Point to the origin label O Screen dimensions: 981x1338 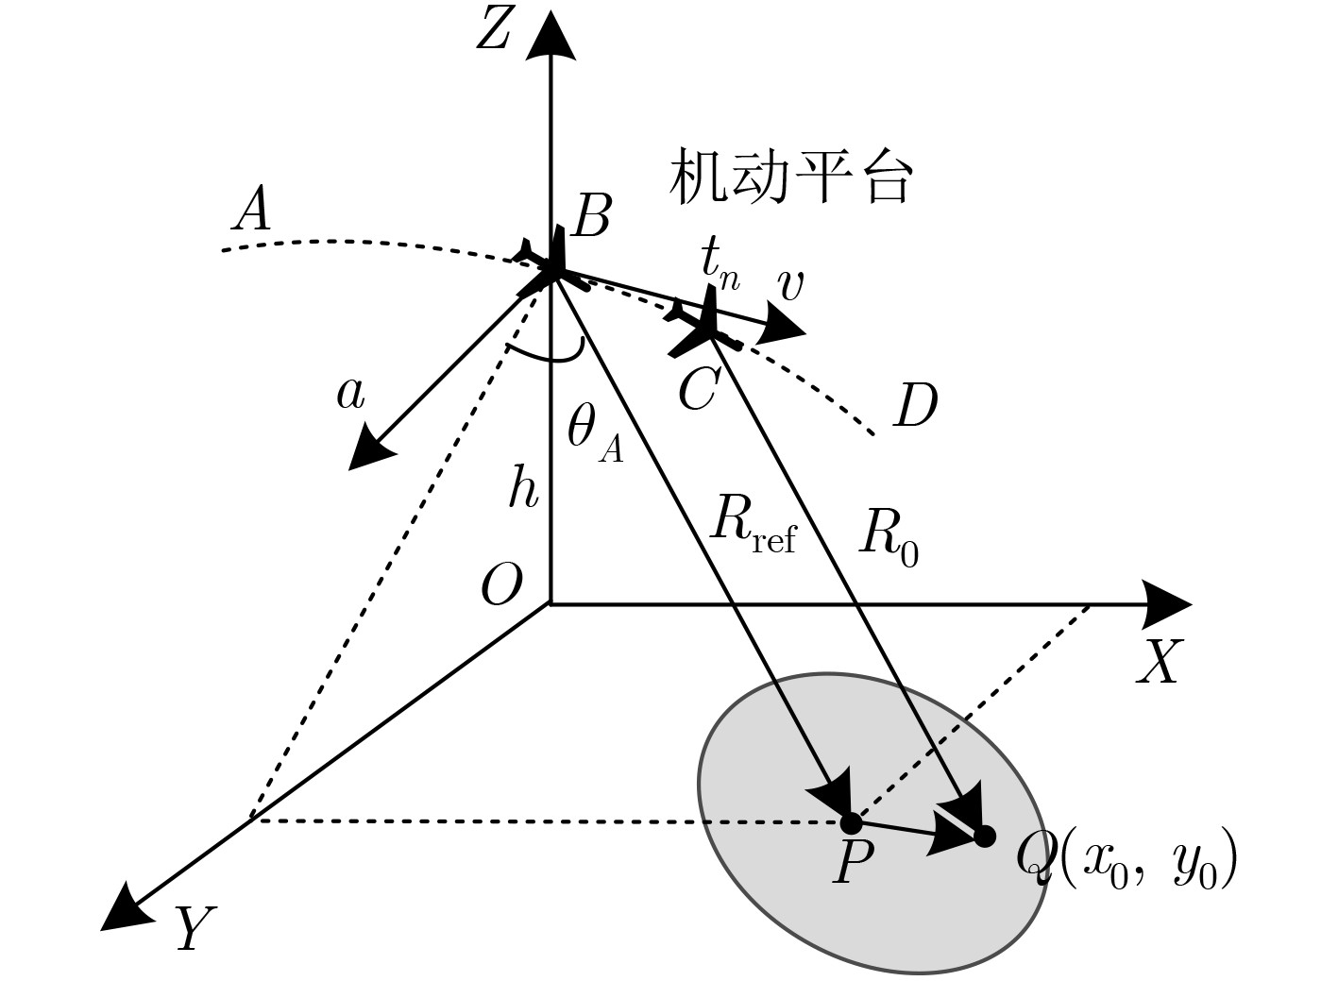click(x=501, y=585)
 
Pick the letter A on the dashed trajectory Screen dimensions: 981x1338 click(x=252, y=210)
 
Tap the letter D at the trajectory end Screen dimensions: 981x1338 click(x=914, y=406)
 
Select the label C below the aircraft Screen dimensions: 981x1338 click(x=699, y=387)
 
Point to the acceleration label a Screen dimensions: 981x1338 click(x=350, y=393)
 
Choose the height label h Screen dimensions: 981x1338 click(x=523, y=488)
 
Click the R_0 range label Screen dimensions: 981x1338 click(x=888, y=538)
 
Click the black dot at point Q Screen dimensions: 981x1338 click(x=985, y=836)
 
